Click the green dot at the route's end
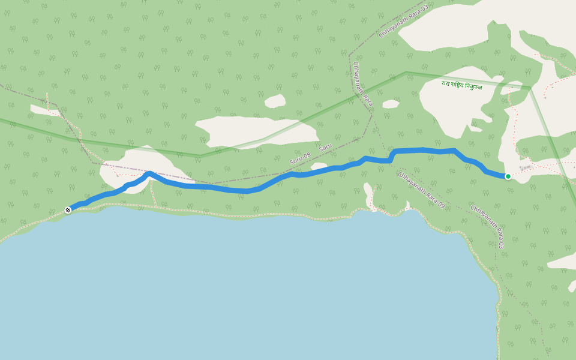tap(508, 176)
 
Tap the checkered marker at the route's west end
tap(68, 210)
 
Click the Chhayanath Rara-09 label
tap(421, 190)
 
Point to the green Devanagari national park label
tap(461, 86)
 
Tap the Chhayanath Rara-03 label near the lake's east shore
tap(487, 227)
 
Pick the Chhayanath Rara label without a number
tap(363, 84)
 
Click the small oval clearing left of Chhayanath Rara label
tap(275, 101)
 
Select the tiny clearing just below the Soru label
tap(319, 166)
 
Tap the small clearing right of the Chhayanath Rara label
tap(391, 104)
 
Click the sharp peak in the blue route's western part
tap(149, 173)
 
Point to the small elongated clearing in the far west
tap(45, 110)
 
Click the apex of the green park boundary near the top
tap(406, 73)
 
